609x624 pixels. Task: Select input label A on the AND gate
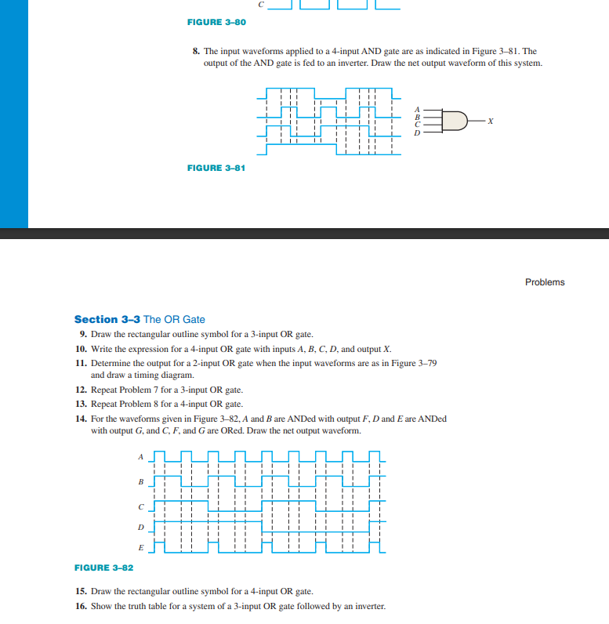point(418,109)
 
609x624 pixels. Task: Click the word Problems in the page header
point(544,282)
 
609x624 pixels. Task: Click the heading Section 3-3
point(107,319)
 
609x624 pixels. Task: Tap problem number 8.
point(197,51)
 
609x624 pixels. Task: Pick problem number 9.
point(82,334)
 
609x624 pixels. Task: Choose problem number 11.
point(81,363)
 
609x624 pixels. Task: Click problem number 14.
point(81,419)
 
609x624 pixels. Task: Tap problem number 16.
point(81,607)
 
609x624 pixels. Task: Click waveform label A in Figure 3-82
point(141,455)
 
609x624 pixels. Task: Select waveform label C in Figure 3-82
point(141,506)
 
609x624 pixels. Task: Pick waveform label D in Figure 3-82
point(141,527)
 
